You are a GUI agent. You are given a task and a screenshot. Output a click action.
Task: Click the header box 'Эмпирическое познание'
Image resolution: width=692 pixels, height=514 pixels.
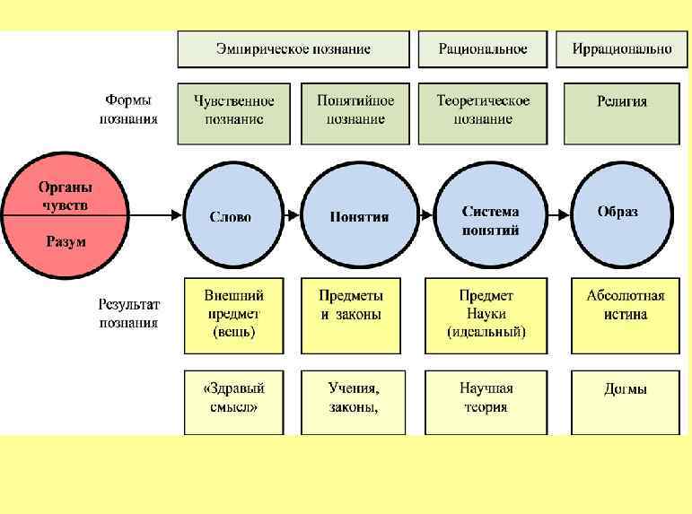point(293,49)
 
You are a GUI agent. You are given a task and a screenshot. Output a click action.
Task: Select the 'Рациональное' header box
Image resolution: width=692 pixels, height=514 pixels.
point(483,49)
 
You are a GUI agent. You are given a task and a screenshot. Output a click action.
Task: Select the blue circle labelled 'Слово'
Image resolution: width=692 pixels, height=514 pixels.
point(231,216)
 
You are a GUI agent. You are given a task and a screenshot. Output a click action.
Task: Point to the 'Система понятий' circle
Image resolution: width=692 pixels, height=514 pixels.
point(490,216)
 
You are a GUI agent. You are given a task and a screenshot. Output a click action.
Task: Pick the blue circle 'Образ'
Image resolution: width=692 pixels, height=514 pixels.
point(618,214)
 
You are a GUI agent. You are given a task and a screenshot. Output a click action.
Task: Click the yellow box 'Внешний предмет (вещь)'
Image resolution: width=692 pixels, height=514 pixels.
point(233,315)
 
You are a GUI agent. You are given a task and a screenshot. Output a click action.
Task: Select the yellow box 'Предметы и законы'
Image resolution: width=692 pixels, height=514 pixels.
point(351,315)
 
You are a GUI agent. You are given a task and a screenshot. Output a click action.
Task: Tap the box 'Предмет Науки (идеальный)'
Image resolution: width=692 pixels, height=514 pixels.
point(486,315)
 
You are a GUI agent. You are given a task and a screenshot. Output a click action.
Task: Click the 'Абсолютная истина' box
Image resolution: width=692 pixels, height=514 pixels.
point(626,315)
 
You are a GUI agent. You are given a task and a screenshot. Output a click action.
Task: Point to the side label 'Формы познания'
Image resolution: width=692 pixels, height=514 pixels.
point(128,109)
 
